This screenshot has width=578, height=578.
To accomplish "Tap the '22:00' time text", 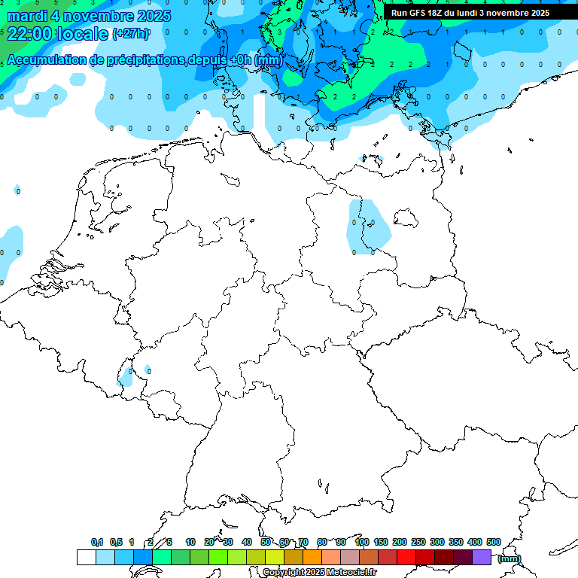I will tap(29, 34).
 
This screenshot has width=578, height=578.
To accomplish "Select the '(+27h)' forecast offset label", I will tap(130, 34).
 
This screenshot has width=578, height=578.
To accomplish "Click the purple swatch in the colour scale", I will tap(482, 557).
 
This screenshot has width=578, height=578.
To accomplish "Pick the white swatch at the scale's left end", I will tap(86, 557).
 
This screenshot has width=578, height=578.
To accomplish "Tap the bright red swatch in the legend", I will tap(406, 557).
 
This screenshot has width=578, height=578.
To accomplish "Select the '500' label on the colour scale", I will tap(494, 542).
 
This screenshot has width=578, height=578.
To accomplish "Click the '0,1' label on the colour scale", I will tap(96, 542).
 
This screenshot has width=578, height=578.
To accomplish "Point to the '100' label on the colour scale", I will tap(361, 542).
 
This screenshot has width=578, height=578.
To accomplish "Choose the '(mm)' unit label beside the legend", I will tap(510, 558).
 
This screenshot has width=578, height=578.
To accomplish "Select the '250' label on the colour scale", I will tap(418, 542).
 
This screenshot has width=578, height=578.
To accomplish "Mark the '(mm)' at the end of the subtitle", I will tap(269, 60).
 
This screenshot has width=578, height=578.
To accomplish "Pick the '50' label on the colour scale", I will tap(266, 542).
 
